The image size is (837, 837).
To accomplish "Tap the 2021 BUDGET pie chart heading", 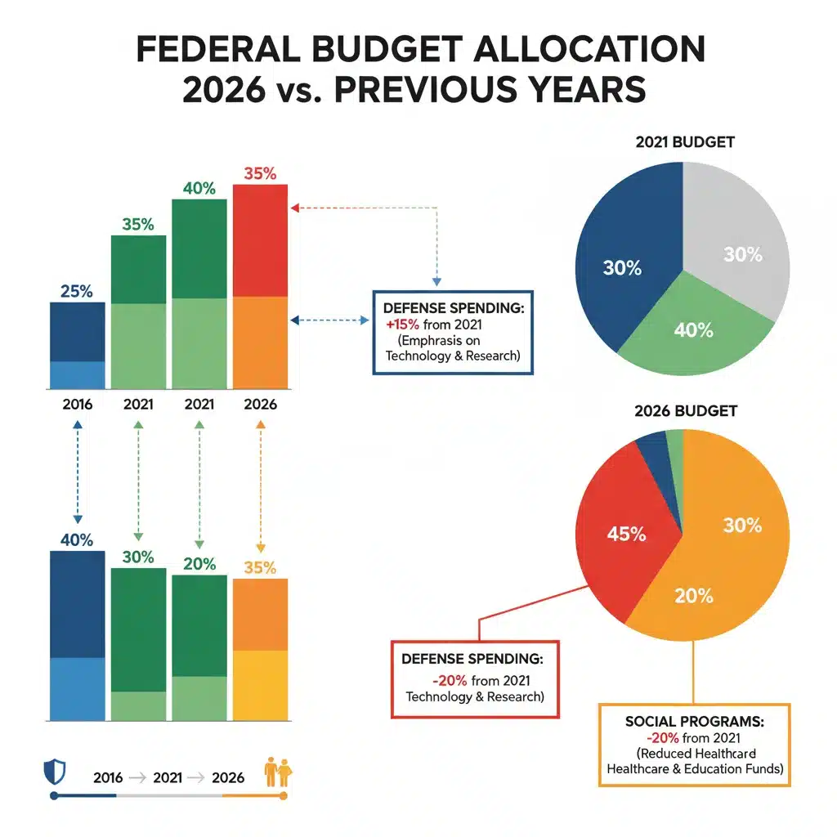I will click(684, 141).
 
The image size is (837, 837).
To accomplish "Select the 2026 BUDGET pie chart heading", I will click(684, 410).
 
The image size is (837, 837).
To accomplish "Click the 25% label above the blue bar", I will click(77, 291).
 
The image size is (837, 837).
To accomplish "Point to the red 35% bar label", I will click(260, 173).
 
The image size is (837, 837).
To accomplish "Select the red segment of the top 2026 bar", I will click(260, 240).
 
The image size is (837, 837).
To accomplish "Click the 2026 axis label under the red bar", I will click(260, 404).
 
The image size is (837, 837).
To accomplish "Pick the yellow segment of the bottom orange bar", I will click(260, 685).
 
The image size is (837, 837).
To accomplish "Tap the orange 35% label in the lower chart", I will click(260, 567).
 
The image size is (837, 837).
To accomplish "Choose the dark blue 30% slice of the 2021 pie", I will click(625, 262).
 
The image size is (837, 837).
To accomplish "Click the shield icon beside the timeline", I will click(52, 771).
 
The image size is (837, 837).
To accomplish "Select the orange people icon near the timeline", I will click(277, 771).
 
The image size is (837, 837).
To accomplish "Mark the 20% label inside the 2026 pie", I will click(694, 596).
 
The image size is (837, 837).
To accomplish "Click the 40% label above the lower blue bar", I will click(77, 540).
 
